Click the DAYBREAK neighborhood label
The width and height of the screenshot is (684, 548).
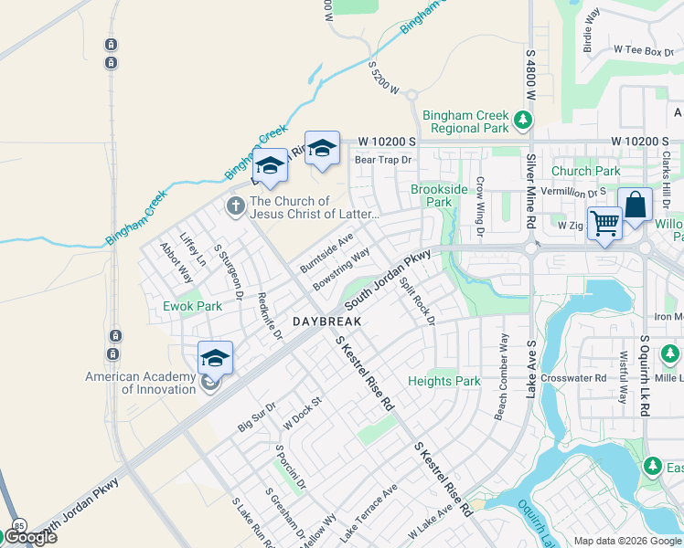coord(327,322)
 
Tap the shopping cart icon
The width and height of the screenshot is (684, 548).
coord(604,222)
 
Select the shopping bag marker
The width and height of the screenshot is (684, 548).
coord(634,205)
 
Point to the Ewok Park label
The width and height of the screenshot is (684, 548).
coord(192,306)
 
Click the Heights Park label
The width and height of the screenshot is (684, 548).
coord(444,381)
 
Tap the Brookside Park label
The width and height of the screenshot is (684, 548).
coord(432,195)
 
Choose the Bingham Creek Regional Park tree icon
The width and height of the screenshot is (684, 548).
coord(522,119)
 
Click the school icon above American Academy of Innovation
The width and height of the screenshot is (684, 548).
coord(215,358)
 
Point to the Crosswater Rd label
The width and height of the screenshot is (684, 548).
coord(573,377)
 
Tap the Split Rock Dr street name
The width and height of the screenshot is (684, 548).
coord(416,300)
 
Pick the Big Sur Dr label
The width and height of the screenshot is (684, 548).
coord(256,416)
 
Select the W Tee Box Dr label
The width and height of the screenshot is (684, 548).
coord(636,50)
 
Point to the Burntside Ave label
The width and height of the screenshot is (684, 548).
coord(326,253)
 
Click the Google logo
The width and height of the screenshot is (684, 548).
coord(30,537)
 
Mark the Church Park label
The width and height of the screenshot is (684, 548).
coord(585,171)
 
